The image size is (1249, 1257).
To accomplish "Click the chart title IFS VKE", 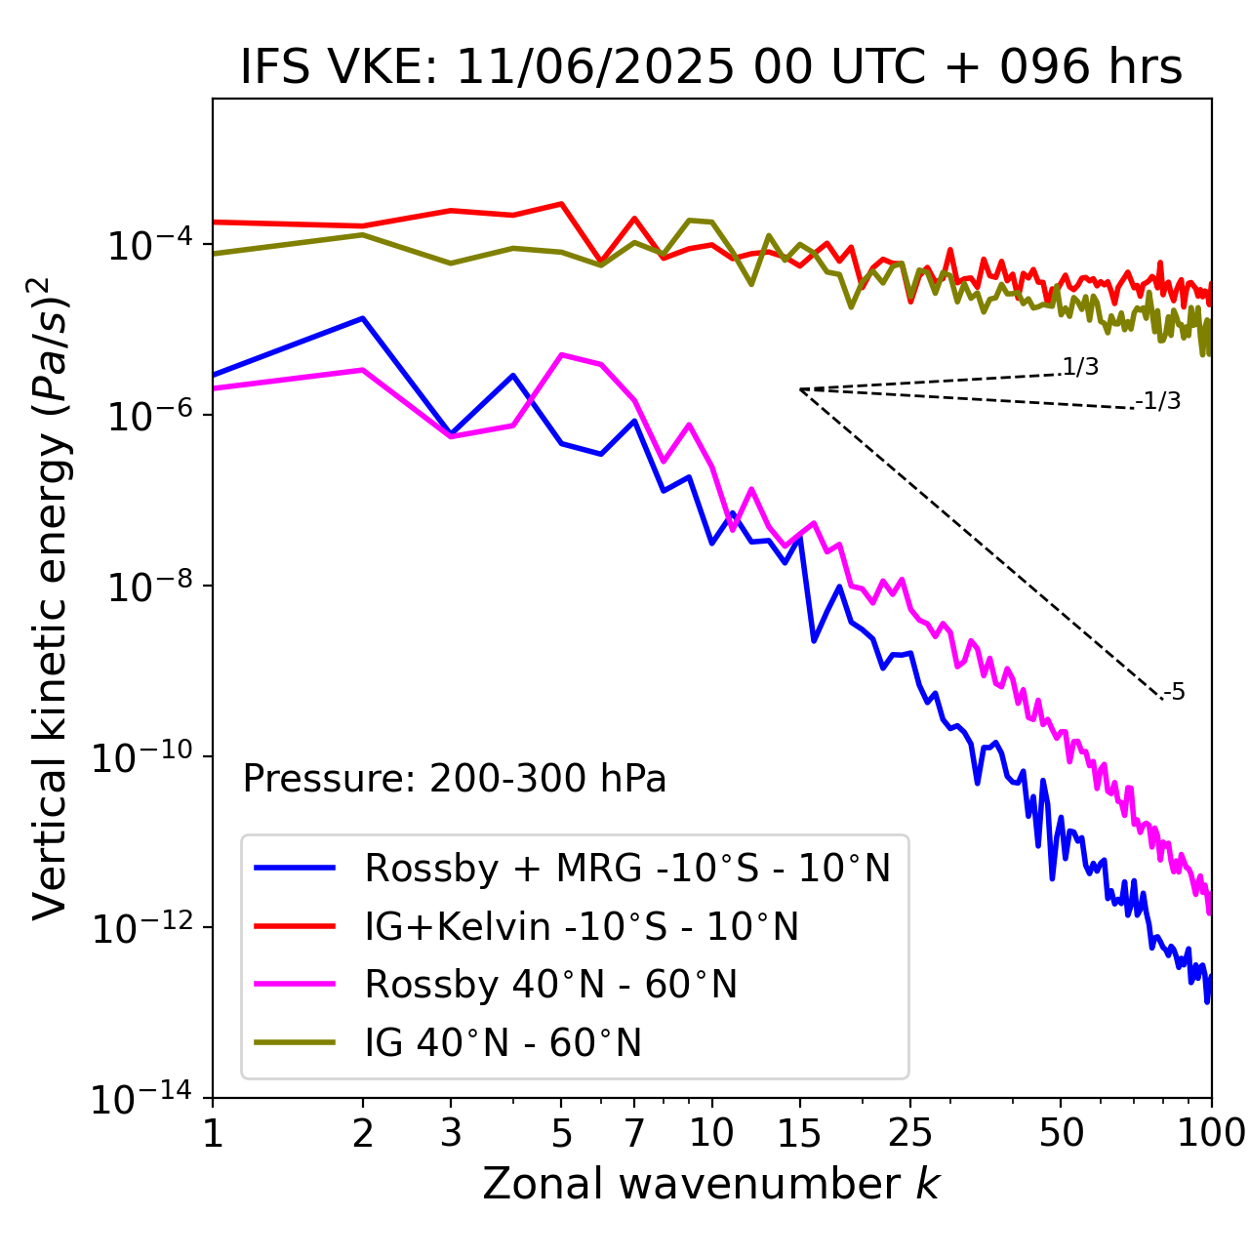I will coord(711,67).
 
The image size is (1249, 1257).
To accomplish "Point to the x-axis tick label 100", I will coord(1210,1133).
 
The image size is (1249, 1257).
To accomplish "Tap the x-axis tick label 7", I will coord(634,1133).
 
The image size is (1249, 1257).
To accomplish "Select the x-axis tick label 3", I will coord(451,1133).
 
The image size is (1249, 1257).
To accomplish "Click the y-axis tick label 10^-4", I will coord(146,245).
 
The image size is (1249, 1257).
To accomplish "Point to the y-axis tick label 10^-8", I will coord(146,587).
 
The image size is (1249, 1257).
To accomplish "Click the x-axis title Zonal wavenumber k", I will coord(711,1184).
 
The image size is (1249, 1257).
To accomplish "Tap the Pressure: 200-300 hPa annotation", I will coord(455,779).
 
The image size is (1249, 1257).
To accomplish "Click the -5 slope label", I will coord(1175,693).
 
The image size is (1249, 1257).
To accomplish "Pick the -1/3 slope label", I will coord(1159,400).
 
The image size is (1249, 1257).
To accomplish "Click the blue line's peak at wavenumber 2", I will coord(363,318).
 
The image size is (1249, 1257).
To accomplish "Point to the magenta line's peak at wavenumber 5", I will coord(561,354).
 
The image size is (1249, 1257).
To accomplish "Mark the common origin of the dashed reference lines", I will coord(800,389).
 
